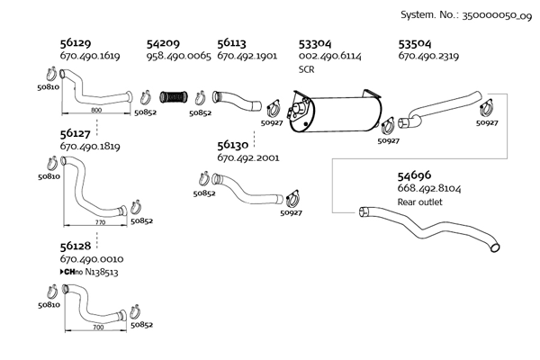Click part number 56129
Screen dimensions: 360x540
click(x=76, y=42)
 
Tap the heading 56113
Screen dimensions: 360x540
click(x=233, y=42)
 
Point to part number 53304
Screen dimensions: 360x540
click(x=314, y=42)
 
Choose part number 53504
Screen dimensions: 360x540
click(x=416, y=42)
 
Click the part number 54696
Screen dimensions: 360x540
click(x=415, y=175)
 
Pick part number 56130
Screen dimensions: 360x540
click(x=233, y=144)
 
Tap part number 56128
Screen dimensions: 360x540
click(x=76, y=245)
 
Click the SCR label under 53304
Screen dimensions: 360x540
click(x=306, y=69)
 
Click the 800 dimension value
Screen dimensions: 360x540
click(x=96, y=109)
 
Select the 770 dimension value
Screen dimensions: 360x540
click(x=99, y=220)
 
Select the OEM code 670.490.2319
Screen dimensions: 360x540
click(x=429, y=56)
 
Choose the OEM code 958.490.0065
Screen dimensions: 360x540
click(x=178, y=56)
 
